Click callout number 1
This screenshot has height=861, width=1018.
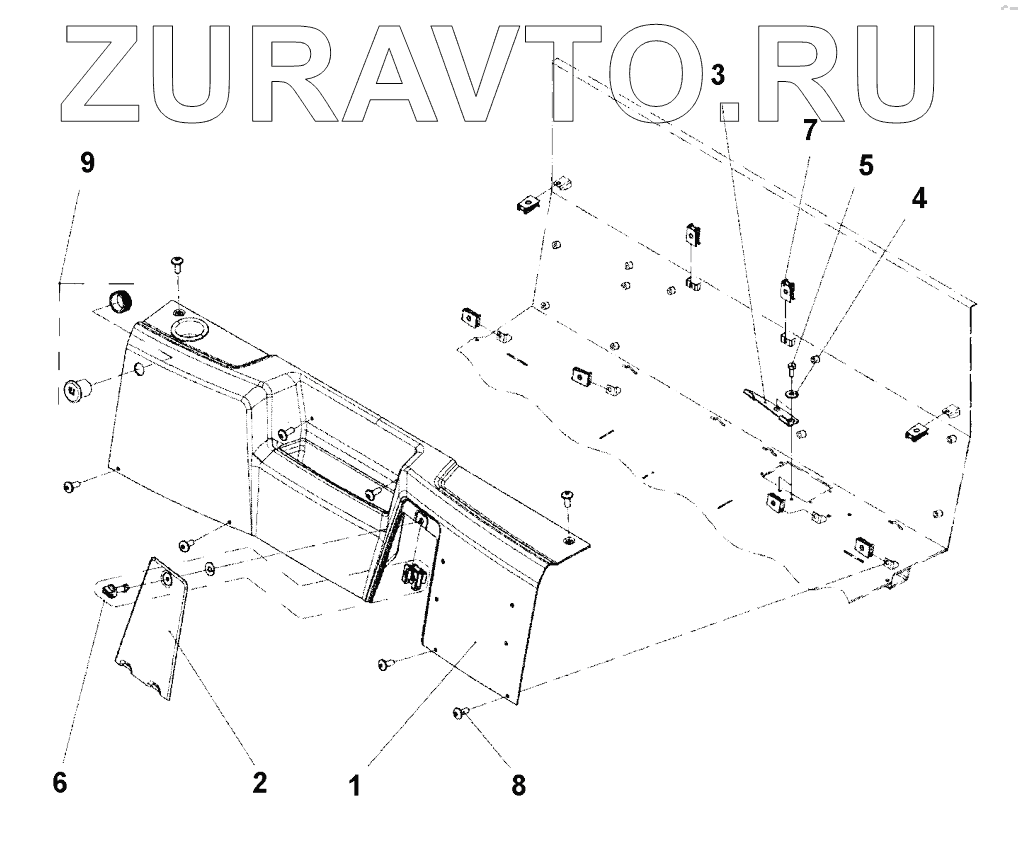point(355,784)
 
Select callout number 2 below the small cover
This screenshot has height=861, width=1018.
point(259,781)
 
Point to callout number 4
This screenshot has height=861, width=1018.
point(917,198)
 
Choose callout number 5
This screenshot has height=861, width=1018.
point(861,164)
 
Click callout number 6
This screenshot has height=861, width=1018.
point(60,781)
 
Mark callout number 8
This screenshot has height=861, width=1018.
point(517,784)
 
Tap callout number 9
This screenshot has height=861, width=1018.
point(87,161)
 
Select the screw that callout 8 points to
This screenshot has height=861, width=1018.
point(461,712)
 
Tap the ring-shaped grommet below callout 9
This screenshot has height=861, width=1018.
point(119,299)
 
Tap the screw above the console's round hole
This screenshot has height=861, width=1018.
point(177,264)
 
